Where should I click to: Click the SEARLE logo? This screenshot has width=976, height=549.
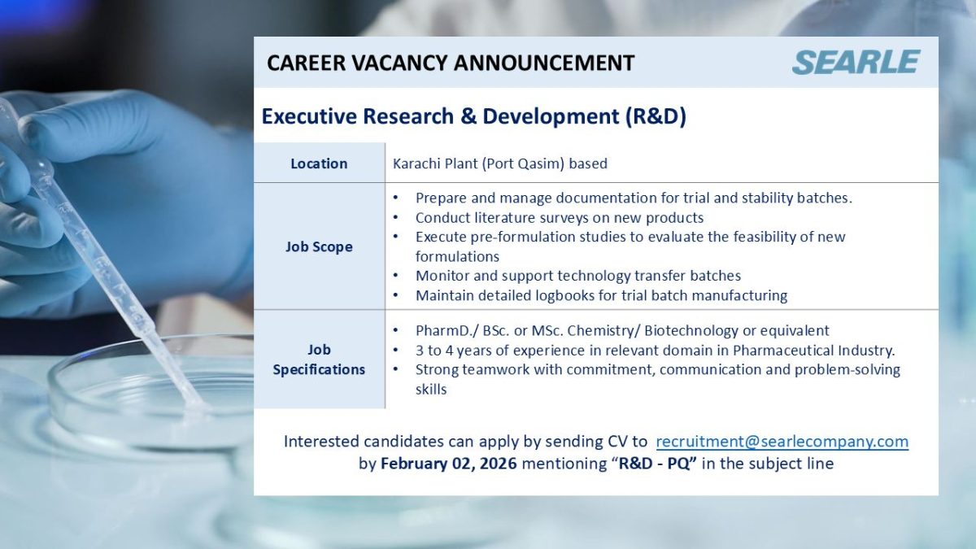(856, 62)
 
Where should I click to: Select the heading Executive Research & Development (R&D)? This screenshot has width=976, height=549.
(473, 116)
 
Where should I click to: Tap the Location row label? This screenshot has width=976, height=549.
(319, 163)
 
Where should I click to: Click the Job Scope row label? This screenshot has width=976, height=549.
(319, 246)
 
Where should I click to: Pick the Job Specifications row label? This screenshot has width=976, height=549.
(319, 359)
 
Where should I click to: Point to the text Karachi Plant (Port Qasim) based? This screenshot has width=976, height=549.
(499, 163)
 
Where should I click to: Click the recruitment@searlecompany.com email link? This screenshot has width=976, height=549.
(782, 442)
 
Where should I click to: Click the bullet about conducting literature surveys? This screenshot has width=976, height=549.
(559, 217)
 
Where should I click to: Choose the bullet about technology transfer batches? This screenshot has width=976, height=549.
(577, 276)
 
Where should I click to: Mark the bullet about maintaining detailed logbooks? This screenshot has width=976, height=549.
(601, 295)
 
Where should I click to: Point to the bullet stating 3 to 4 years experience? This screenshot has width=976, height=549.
(655, 351)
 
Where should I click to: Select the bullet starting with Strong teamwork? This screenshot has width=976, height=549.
(657, 370)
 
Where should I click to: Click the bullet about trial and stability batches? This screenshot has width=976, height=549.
(634, 198)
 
